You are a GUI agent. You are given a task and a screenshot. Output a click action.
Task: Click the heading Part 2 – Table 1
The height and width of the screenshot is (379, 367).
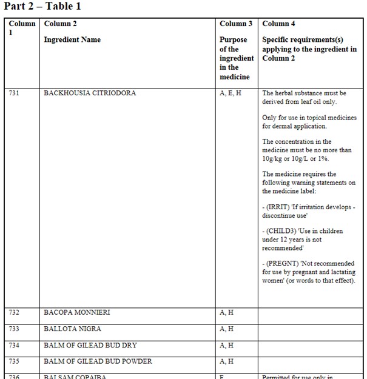pos(42,7)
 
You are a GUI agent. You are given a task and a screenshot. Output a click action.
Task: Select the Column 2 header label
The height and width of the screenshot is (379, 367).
pos(61,24)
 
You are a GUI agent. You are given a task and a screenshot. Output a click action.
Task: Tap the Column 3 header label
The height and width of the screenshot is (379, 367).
pos(236,24)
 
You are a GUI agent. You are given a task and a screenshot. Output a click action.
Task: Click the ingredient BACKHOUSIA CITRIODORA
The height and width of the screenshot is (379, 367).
pos(90,93)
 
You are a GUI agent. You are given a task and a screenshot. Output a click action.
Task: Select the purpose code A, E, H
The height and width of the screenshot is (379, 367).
pos(231,93)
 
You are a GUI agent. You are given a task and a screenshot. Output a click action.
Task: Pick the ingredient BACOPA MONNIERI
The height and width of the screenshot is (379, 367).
pos(77,313)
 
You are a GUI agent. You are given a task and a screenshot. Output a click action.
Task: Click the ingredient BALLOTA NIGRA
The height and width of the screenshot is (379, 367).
pos(72,329)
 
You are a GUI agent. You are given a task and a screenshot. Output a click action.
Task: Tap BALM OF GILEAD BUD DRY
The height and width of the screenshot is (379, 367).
pos(90,346)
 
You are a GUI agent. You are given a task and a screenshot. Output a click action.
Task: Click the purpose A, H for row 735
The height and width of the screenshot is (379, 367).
pos(226,362)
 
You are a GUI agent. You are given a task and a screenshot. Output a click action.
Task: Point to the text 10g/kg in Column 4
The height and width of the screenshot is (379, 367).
pos(274,158)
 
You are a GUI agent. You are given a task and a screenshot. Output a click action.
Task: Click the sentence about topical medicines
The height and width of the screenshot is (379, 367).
pos(309,122)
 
